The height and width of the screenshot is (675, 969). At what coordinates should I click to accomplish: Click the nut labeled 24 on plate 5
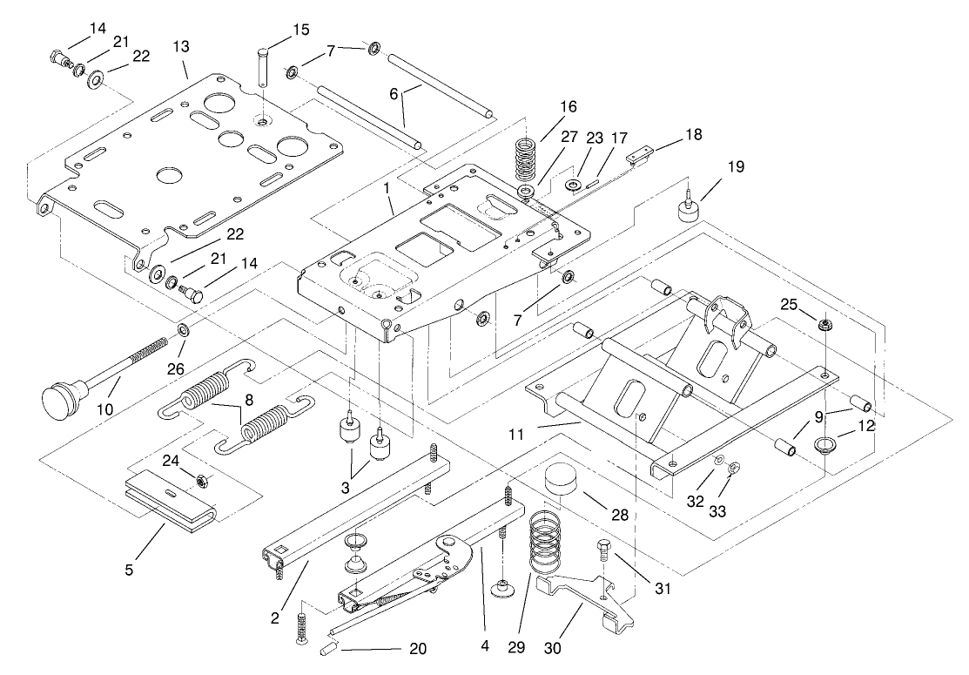coord(202,480)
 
